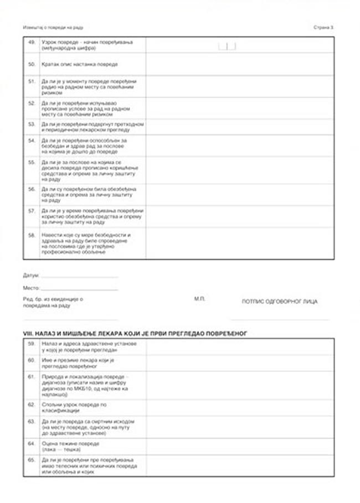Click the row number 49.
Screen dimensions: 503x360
tap(31, 42)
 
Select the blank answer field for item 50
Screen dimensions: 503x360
tap(240, 64)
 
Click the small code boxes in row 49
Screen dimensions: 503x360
tap(227, 46)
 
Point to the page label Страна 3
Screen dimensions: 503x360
tap(325, 27)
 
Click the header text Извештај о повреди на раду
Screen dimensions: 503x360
tap(57, 27)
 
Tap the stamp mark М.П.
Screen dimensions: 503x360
tap(199, 299)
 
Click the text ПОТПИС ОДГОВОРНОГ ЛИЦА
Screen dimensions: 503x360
tap(280, 302)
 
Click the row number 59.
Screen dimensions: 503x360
tap(31, 344)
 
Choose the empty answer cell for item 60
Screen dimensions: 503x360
tap(240, 363)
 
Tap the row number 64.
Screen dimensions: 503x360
tap(31, 443)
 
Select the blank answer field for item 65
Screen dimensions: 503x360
tap(240, 465)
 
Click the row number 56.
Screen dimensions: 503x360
tap(31, 189)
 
